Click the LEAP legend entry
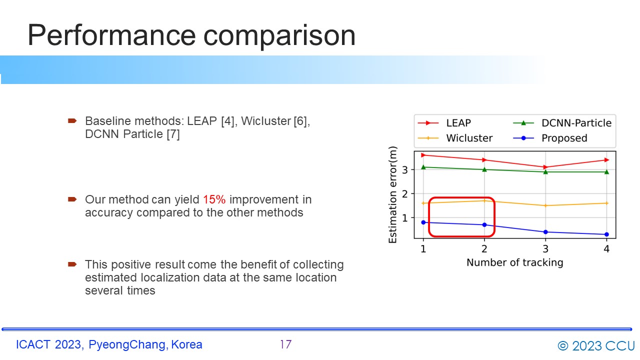point(444,123)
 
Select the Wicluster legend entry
point(455,138)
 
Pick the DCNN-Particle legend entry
point(562,123)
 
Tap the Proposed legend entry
point(550,138)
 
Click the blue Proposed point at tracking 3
point(545,232)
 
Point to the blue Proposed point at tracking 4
point(606,234)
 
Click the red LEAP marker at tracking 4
point(606,160)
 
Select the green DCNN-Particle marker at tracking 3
point(545,172)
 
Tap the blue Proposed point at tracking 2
point(484,225)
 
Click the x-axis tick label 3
point(545,249)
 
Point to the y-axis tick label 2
point(404,194)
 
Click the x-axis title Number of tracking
point(515,262)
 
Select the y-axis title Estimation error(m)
point(393,194)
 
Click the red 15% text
point(214,199)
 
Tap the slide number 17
point(285,344)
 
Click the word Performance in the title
point(111,35)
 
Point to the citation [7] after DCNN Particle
point(173,134)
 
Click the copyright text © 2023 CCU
point(596,345)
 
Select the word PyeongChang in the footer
point(127,344)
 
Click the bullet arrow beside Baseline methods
point(72,121)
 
